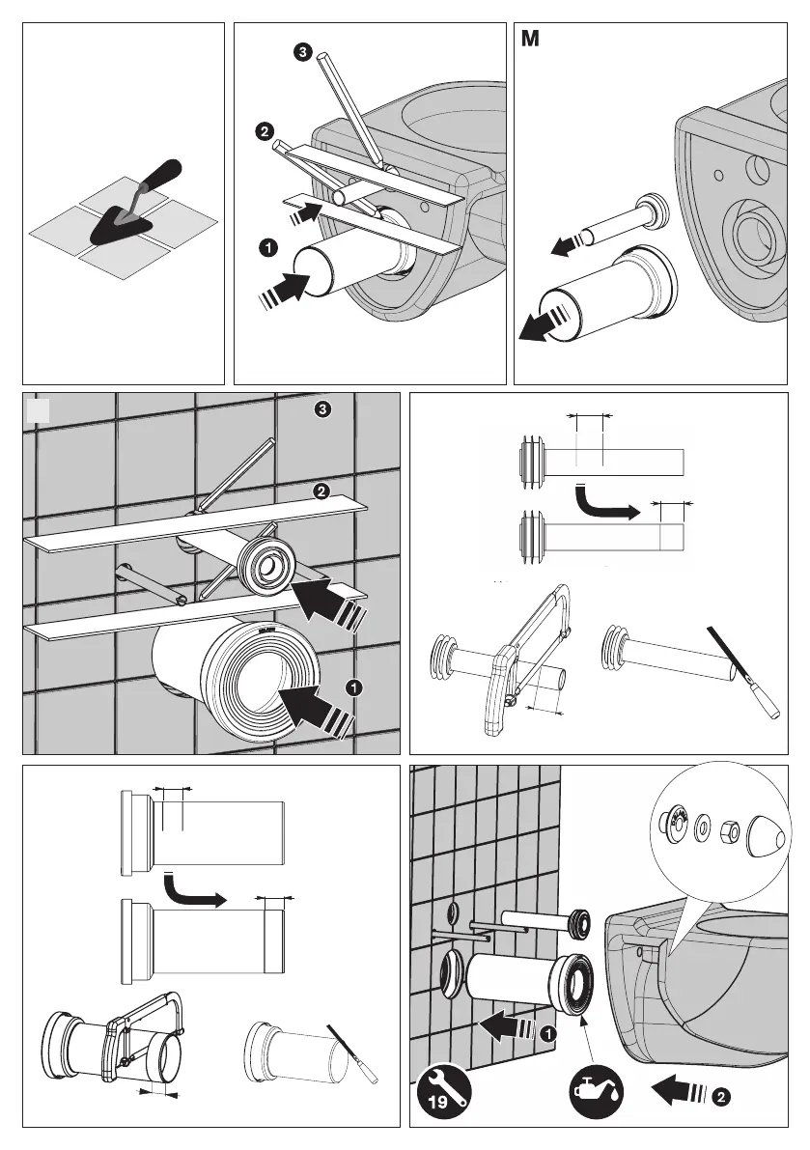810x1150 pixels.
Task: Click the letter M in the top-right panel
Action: (x=530, y=39)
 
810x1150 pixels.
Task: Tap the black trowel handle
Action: (x=162, y=173)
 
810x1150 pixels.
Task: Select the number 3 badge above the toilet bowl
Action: (x=303, y=52)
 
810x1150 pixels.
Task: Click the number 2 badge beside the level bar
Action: (x=264, y=132)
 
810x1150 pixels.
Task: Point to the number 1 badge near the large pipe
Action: (x=268, y=248)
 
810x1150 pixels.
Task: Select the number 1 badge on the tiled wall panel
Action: (x=354, y=687)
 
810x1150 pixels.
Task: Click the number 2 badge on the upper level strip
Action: (x=321, y=491)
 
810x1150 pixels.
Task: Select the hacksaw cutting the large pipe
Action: (x=143, y=1036)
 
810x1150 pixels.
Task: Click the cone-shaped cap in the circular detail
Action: (x=766, y=837)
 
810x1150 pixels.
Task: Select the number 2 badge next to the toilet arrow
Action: (x=721, y=1097)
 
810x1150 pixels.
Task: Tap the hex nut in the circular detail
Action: (x=729, y=831)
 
